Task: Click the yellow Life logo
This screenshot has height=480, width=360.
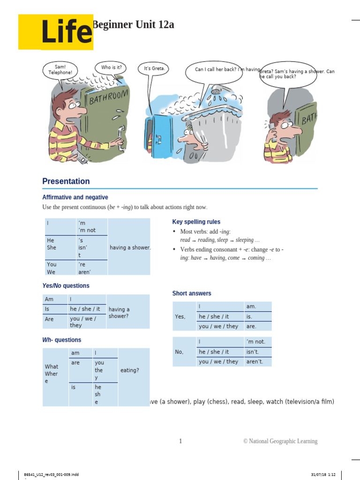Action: [56, 32]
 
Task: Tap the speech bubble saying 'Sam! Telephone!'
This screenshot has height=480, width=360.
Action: [60, 70]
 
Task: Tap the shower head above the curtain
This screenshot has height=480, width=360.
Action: [217, 91]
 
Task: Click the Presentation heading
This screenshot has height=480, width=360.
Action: [66, 181]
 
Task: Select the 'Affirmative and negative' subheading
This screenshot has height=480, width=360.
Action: [75, 197]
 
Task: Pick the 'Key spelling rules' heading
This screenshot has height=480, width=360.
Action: [196, 222]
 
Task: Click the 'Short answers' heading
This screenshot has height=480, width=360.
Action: [192, 293]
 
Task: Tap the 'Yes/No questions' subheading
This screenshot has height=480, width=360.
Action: [66, 286]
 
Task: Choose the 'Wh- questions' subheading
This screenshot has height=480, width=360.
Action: [61, 340]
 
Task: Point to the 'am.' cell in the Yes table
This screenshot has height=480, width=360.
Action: [252, 307]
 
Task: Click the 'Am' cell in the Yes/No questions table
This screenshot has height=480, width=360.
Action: [49, 299]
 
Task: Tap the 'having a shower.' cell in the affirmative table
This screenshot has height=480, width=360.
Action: [130, 247]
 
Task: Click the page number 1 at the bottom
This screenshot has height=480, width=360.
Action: [180, 441]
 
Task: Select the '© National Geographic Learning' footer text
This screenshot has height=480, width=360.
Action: [280, 441]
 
